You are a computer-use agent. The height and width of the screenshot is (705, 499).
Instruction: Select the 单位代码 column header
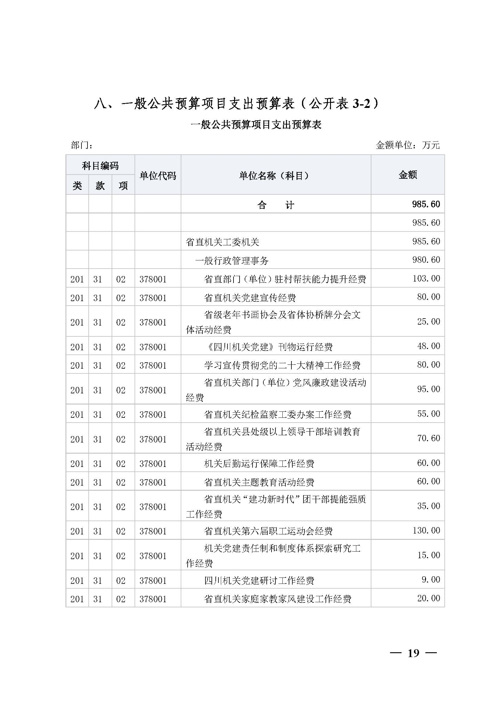pyautogui.click(x=157, y=176)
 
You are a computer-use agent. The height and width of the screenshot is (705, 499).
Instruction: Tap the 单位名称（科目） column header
pyautogui.click(x=275, y=176)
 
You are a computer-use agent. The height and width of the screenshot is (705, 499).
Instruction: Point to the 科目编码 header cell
pyautogui.click(x=100, y=166)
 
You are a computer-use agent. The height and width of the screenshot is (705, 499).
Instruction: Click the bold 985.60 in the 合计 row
pyautogui.click(x=426, y=204)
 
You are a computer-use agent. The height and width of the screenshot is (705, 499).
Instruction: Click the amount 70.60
pyautogui.click(x=428, y=438)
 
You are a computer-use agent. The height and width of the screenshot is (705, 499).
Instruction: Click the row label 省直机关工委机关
pyautogui.click(x=222, y=242)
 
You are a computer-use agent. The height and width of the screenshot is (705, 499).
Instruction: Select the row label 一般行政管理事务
pyautogui.click(x=232, y=261)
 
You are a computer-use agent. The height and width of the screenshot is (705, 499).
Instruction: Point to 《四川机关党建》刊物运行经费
pyautogui.click(x=268, y=347)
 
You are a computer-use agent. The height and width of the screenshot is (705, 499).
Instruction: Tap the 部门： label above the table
pyautogui.click(x=82, y=145)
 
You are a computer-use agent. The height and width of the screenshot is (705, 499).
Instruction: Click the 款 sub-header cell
pyautogui.click(x=100, y=185)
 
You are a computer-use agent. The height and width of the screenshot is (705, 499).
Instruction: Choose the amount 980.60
pyautogui.click(x=426, y=260)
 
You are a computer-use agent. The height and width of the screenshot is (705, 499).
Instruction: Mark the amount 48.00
pyautogui.click(x=428, y=346)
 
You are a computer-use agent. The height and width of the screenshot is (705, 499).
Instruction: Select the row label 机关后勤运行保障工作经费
pyautogui.click(x=259, y=464)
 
